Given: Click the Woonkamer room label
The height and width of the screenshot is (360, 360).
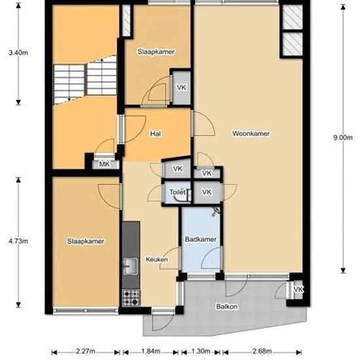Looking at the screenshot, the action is tap(251, 134).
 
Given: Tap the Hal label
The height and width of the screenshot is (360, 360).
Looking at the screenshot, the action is tap(155, 134).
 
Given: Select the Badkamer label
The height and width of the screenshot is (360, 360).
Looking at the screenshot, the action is tap(201, 239).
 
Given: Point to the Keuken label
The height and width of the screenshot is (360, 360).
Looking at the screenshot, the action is tap(156, 259).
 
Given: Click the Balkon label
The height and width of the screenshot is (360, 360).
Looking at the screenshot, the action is tap(227, 306).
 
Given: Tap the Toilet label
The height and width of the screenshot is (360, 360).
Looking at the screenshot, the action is tap(177, 192).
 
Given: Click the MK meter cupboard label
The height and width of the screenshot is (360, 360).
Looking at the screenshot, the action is tap(105, 164).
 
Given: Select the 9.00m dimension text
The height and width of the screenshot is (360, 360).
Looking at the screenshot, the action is tap(343, 137).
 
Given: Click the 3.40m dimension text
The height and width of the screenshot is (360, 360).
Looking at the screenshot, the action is tap(18, 52).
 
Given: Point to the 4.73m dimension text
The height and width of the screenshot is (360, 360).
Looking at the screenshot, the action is tap(18, 241).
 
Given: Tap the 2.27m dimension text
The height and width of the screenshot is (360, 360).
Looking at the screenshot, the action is tap(85, 351).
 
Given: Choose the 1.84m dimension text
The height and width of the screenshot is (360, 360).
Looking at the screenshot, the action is tap(151, 351).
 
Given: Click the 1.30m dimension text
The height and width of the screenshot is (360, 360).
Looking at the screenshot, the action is tap(201, 351).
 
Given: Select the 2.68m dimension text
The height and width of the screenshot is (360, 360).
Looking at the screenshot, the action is tap(262, 351).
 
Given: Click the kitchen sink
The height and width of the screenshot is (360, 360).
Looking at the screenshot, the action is tap(131, 266).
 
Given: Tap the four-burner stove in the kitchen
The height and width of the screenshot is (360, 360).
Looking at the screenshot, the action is tap(131, 298).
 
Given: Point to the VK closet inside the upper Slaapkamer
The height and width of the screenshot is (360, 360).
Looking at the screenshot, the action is tap(181, 88).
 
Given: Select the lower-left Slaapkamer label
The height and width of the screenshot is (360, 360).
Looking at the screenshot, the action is tap(86, 242).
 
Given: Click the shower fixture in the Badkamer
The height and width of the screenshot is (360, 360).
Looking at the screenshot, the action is tap(216, 211).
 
